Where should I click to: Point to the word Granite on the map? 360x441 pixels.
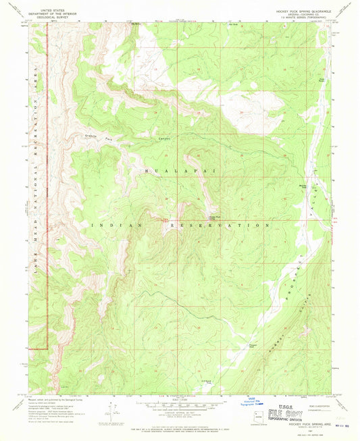(85, 136)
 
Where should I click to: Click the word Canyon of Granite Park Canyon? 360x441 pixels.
(161, 138)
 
